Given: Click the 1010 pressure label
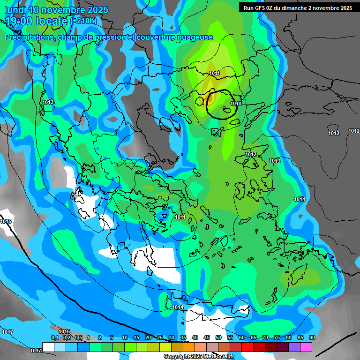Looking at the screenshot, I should pyautogui.click(x=236, y=104).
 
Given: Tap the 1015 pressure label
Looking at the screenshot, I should pyautogui.click(x=6, y=221).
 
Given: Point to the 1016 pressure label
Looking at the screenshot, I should pyautogui.click(x=64, y=331).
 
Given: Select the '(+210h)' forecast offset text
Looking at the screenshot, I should pyautogui.click(x=84, y=21).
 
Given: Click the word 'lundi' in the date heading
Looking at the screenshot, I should pyautogui.click(x=15, y=10).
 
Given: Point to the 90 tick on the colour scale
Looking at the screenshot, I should pyautogui.click(x=312, y=337).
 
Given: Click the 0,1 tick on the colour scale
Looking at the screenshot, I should pyautogui.click(x=54, y=337).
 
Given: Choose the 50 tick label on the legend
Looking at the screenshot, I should pyautogui.click(x=218, y=337).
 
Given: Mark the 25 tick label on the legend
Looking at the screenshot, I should pyautogui.click(x=160, y=337).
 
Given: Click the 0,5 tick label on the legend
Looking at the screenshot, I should pyautogui.click(x=78, y=337).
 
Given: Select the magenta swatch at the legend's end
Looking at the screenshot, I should pyautogui.click(x=306, y=347).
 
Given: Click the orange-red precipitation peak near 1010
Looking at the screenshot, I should pyautogui.click(x=210, y=98).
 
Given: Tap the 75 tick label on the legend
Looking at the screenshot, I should pyautogui.click(x=277, y=337).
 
